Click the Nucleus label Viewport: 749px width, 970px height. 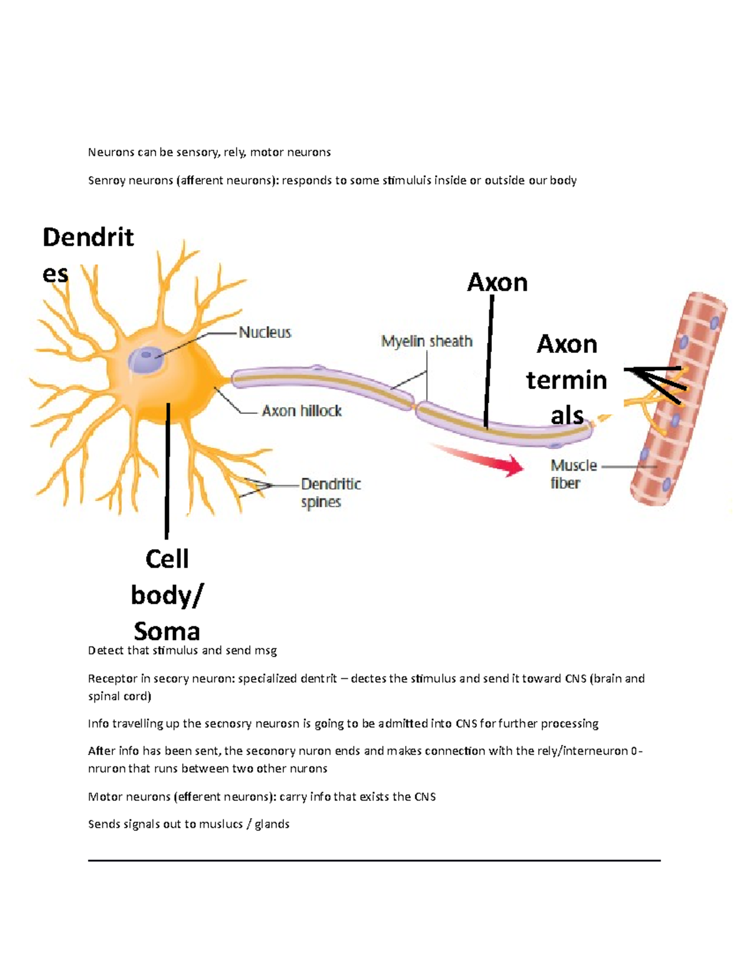pos(265,332)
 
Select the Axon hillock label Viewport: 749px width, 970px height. pos(301,411)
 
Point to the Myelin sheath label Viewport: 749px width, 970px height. pos(427,342)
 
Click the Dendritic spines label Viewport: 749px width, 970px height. pos(330,493)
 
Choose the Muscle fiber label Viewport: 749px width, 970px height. pos(573,474)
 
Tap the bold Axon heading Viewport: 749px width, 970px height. pos(497,283)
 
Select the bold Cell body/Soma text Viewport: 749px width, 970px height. pos(167,595)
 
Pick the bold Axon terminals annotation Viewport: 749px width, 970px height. pos(566,380)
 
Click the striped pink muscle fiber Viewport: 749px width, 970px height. pos(677,400)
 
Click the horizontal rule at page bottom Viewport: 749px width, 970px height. pos(374,861)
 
